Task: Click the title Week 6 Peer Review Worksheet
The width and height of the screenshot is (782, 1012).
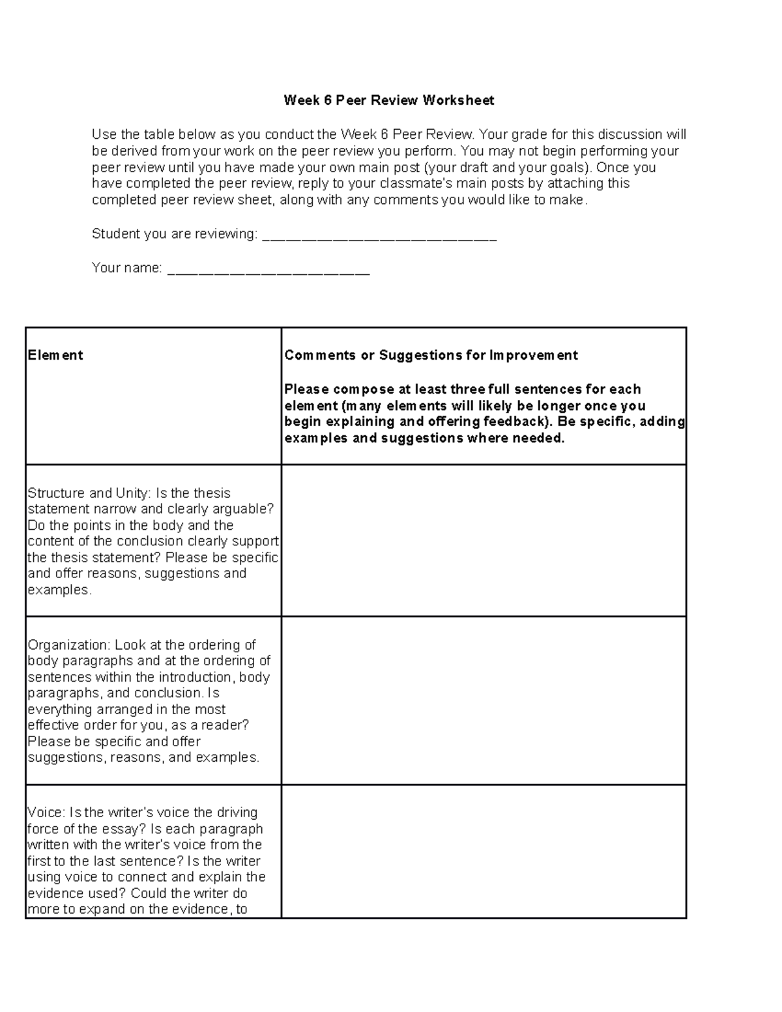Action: click(388, 100)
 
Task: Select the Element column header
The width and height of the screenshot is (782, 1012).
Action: click(55, 355)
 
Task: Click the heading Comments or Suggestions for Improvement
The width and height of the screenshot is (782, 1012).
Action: click(431, 355)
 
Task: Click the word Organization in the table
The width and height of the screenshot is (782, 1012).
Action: click(69, 645)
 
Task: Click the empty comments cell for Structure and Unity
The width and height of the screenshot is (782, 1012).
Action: click(484, 540)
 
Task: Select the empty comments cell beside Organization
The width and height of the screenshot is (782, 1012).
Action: click(484, 700)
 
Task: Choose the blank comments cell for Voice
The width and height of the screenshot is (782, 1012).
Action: click(484, 851)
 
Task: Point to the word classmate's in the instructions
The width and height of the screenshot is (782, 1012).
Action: click(407, 184)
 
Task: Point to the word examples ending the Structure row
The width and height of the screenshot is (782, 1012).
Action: click(59, 590)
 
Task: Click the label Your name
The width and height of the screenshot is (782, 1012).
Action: click(126, 268)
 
